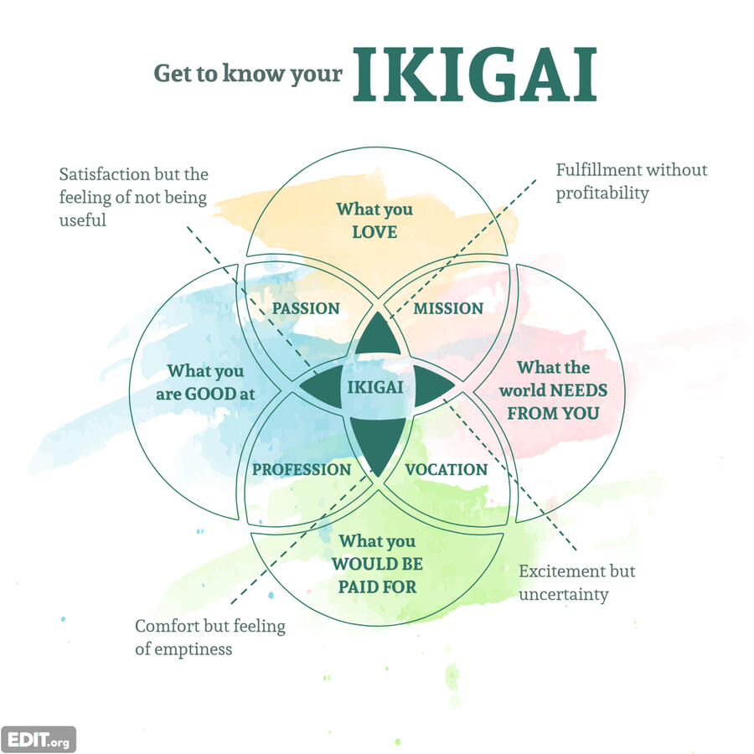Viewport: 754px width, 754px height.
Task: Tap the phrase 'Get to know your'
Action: [248, 74]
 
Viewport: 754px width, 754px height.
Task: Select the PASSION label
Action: [306, 308]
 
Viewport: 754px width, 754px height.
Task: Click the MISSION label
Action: [448, 308]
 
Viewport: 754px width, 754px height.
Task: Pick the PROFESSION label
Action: [302, 469]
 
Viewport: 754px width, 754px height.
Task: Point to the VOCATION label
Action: [446, 469]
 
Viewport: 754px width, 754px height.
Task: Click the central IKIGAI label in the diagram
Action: [374, 388]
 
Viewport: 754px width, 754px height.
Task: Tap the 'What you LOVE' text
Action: [374, 220]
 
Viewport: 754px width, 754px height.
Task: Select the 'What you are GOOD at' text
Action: [205, 381]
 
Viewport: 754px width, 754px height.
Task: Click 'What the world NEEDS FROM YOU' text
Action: [553, 390]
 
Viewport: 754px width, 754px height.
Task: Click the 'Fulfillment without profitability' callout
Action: [631, 181]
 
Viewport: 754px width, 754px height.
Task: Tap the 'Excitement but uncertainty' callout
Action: [576, 582]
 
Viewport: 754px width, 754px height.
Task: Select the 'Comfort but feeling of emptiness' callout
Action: [209, 637]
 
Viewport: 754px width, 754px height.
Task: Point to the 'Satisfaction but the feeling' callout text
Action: [134, 197]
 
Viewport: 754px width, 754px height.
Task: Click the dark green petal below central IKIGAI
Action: [374, 444]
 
